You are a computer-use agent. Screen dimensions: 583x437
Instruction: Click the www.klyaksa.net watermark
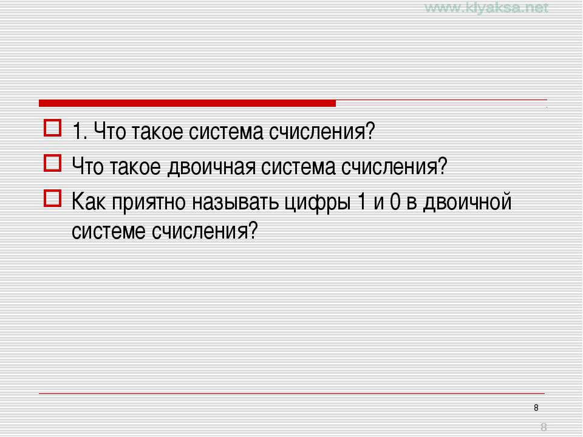pos(486,7)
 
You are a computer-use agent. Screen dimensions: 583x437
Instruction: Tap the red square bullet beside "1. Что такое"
pos(52,128)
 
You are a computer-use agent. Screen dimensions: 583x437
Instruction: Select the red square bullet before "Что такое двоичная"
pos(52,163)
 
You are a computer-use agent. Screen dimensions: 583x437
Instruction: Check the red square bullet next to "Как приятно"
pos(52,198)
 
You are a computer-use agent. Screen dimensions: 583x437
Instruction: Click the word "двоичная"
pos(211,167)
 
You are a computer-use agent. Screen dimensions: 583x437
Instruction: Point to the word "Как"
pos(88,202)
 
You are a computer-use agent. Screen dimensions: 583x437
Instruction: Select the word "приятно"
pos(149,203)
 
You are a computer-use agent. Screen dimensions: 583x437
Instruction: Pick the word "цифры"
pos(318,203)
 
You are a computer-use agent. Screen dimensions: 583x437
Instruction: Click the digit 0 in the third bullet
pos(395,202)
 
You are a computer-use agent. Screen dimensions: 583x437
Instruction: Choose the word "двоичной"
pos(468,202)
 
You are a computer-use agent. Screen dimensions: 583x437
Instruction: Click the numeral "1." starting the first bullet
pos(80,131)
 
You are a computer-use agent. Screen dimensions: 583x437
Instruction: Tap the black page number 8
pos(536,408)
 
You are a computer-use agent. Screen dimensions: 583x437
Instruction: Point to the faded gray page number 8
pos(544,427)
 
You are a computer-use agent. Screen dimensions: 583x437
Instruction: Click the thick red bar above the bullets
pos(187,103)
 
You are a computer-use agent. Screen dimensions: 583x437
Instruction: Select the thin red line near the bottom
pos(292,393)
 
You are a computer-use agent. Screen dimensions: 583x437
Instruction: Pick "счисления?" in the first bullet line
pos(322,131)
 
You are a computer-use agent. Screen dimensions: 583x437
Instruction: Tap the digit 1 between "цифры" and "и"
pos(361,202)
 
